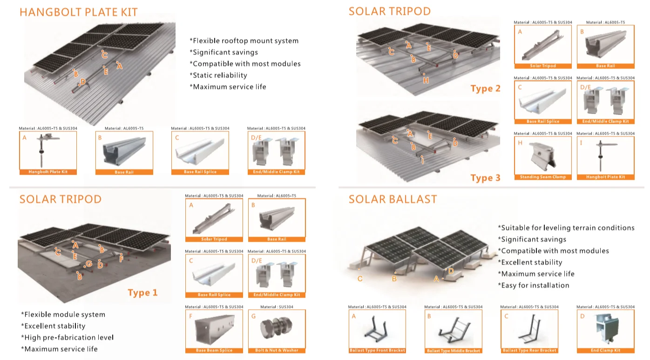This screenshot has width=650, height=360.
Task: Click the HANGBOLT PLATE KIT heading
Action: click(x=78, y=12)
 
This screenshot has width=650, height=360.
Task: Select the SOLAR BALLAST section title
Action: click(x=393, y=199)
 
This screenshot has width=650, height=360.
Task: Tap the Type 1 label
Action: click(x=142, y=292)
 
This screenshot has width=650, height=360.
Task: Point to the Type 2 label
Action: click(x=485, y=88)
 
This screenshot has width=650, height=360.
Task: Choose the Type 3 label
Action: click(x=485, y=177)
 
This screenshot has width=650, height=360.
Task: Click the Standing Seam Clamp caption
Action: click(x=542, y=177)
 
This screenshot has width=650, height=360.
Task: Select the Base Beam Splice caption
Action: click(x=214, y=350)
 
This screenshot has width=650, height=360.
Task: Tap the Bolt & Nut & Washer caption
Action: click(x=277, y=350)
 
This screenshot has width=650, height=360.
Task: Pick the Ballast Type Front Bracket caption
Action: click(x=377, y=350)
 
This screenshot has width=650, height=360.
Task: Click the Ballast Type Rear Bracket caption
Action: click(x=529, y=350)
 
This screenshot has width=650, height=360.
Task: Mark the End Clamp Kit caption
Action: click(x=605, y=350)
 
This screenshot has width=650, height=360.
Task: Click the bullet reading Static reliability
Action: click(x=218, y=75)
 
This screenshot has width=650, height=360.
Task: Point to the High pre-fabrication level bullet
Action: click(x=68, y=338)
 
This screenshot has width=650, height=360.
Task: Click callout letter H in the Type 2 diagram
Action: click(x=426, y=81)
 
